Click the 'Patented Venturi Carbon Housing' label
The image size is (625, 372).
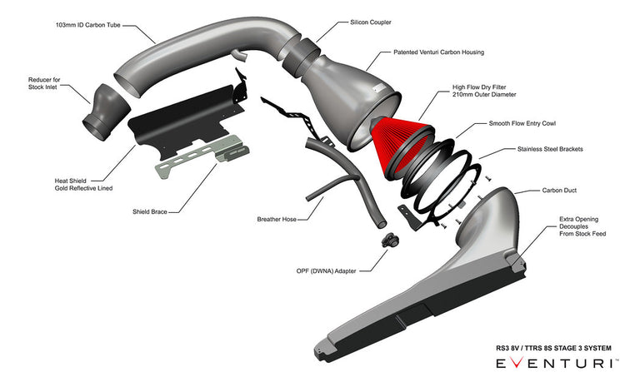[x=438, y=52]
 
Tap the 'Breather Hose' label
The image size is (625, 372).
[x=280, y=220]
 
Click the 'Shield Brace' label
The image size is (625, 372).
[x=149, y=211]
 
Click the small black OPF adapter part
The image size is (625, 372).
[x=388, y=241]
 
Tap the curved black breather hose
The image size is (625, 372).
[x=342, y=175]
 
